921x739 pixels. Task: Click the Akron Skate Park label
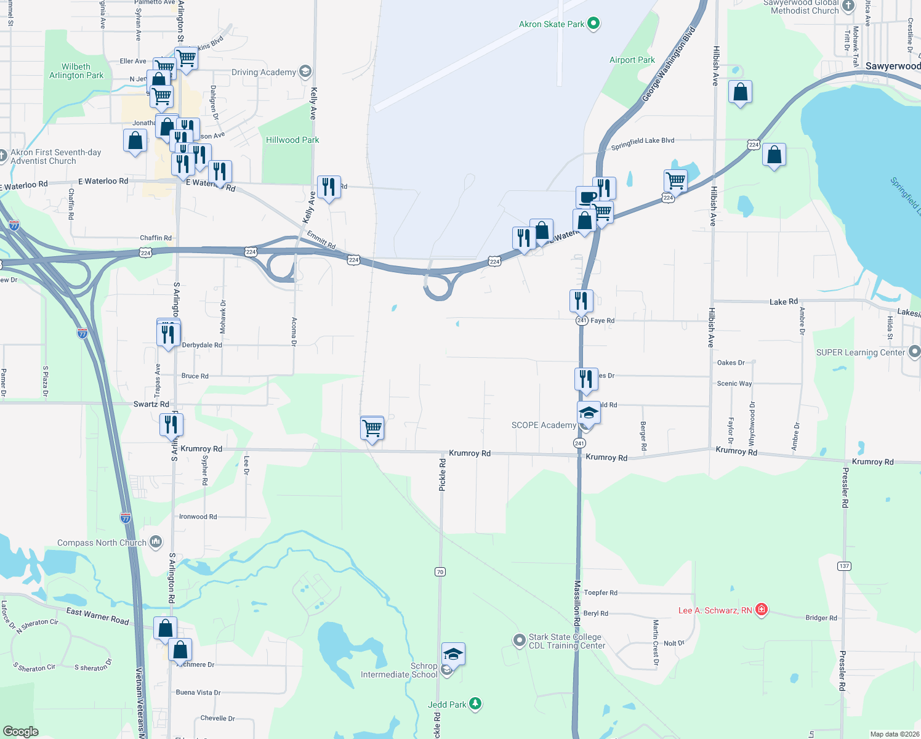(x=552, y=25)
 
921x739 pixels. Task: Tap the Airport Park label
(x=632, y=60)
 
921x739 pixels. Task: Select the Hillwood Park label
(x=292, y=140)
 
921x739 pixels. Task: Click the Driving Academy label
(x=263, y=72)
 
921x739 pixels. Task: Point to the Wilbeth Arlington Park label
(x=76, y=71)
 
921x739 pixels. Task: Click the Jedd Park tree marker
(x=475, y=703)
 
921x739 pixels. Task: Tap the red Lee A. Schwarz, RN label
(x=715, y=610)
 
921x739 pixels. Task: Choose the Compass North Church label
(x=102, y=543)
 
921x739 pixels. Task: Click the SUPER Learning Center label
(x=860, y=352)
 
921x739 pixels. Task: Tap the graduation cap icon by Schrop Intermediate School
(x=453, y=654)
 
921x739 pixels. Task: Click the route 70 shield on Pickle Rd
(x=440, y=572)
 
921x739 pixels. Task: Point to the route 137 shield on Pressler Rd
(x=843, y=566)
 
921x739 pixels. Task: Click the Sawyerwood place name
(x=893, y=66)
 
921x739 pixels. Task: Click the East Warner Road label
(x=97, y=616)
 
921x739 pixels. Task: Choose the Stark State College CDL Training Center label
(x=566, y=641)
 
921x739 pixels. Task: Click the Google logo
(x=21, y=731)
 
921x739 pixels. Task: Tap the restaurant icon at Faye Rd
(x=581, y=301)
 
